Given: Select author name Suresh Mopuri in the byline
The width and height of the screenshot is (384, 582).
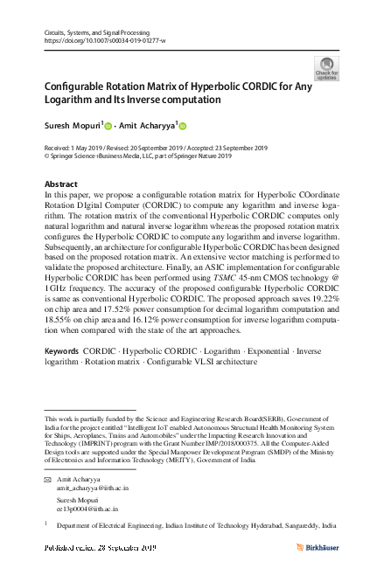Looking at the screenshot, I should coord(72,125).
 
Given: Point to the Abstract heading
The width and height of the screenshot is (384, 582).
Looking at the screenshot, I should coord(60,184).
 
